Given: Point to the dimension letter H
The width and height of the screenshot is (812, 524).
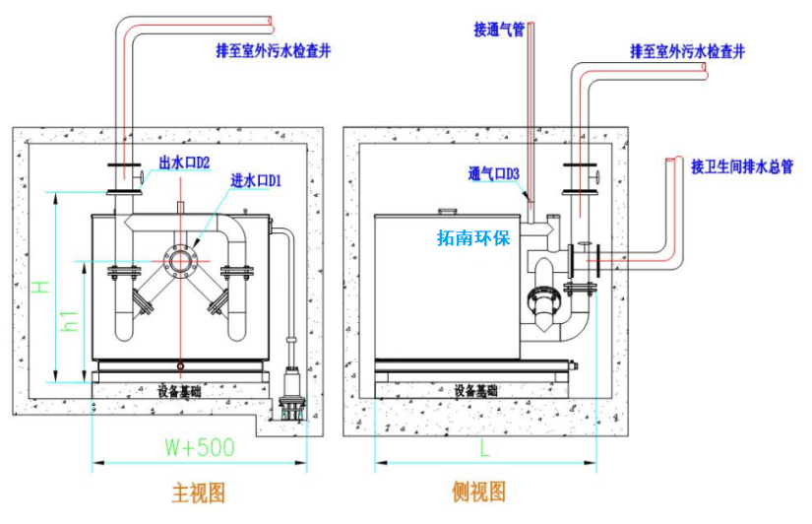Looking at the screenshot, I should pyautogui.click(x=39, y=288).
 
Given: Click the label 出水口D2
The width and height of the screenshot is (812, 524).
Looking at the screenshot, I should pyautogui.click(x=184, y=163).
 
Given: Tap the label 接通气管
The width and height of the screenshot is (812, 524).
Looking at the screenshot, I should pyautogui.click(x=499, y=29).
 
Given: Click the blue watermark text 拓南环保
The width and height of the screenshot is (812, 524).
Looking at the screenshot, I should pyautogui.click(x=473, y=237).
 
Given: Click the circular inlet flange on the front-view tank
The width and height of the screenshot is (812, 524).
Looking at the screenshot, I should pyautogui.click(x=181, y=261).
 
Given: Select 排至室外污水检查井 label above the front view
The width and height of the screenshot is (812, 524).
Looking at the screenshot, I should pyautogui.click(x=274, y=50).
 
